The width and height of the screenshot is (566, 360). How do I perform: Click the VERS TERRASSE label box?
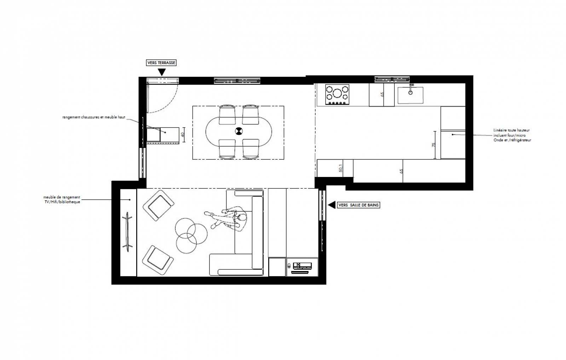click(161, 63)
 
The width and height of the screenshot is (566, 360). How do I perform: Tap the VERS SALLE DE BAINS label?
click(358, 205)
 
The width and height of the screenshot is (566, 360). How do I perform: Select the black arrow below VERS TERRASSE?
click(162, 72)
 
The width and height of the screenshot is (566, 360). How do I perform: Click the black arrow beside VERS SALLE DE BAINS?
click(331, 205)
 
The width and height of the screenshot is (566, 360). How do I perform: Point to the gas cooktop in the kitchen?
click(337, 95)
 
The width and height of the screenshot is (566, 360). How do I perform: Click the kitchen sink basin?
click(410, 95)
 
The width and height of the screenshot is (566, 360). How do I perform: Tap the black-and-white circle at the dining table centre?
click(238, 131)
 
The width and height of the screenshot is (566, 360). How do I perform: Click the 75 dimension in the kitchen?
click(434, 145)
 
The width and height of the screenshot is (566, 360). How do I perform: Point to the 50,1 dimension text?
click(341, 168)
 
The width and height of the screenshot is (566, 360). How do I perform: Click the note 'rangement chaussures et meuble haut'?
click(94, 117)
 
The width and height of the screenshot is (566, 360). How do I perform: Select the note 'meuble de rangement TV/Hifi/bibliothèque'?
click(62, 199)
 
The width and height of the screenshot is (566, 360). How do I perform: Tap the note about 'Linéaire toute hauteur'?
click(512, 135)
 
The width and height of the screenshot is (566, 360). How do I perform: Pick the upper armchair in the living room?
click(158, 206)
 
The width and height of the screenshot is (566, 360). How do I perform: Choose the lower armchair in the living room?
click(158, 260)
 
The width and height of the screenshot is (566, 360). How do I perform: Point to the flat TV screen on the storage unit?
click(127, 232)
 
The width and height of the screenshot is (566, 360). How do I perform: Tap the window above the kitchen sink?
click(392, 79)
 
